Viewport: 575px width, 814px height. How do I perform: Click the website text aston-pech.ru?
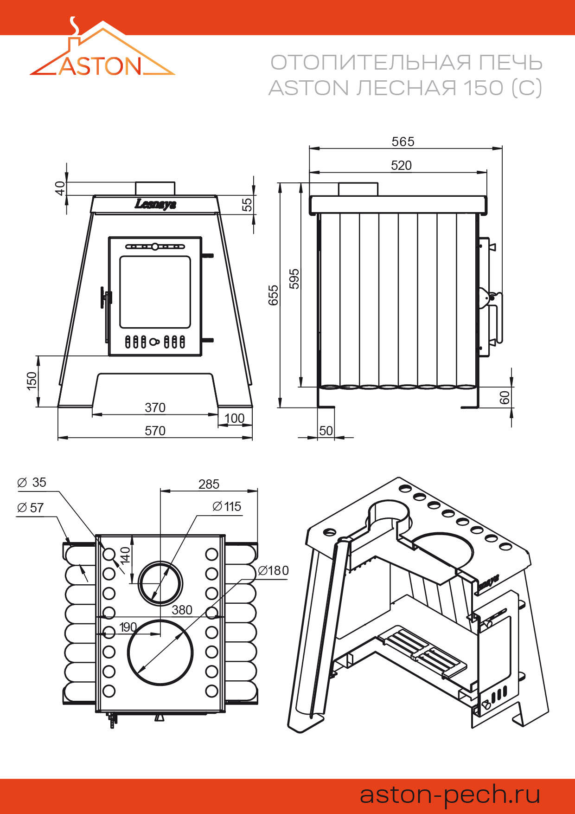[450, 795]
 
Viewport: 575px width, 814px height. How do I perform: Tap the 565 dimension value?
[402, 142]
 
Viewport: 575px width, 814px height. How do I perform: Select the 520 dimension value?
[401, 166]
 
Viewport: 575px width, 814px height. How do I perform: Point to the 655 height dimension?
[274, 295]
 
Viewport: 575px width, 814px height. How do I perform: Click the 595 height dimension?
[294, 278]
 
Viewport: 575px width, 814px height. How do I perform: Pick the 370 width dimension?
[155, 407]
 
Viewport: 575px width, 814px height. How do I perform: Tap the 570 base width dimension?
[155, 431]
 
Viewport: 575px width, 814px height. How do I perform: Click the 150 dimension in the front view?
[32, 381]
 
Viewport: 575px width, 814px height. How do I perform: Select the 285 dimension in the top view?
[209, 485]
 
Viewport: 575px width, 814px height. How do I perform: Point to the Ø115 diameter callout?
[227, 506]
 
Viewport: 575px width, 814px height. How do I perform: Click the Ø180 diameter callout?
[273, 570]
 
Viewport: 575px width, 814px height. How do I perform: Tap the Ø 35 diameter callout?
[32, 483]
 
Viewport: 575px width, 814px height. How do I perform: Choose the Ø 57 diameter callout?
[30, 508]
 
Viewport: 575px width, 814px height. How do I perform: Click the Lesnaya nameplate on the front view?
[155, 204]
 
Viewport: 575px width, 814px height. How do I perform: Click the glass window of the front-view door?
[155, 292]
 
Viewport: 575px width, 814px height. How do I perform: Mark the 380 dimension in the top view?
[182, 610]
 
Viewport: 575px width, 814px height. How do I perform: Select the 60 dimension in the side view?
[505, 398]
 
